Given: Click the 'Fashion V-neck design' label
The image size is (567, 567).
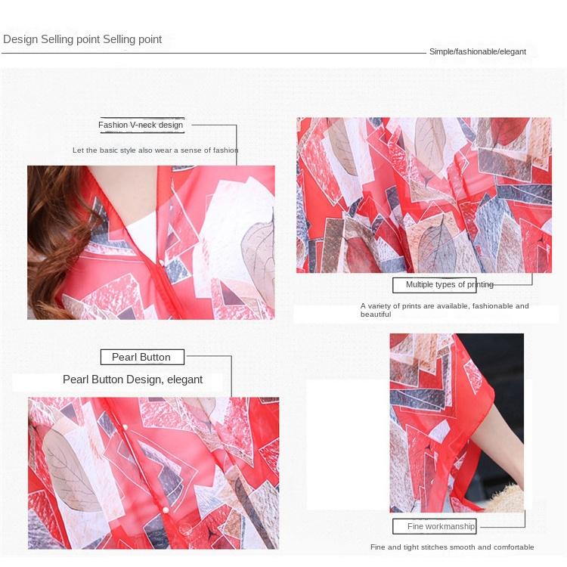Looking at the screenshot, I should click(141, 125).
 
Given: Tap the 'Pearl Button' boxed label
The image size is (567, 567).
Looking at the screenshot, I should click(141, 357).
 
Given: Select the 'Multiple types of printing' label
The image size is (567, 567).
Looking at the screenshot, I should click(449, 285).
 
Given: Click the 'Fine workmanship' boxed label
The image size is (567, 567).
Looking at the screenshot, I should click(441, 526).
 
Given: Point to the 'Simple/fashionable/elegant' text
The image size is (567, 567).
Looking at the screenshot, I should click(477, 51).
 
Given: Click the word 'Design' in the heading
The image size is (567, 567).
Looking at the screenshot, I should click(20, 39).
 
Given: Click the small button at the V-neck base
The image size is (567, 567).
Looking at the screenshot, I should click(161, 262).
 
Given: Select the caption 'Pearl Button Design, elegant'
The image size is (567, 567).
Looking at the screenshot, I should click(132, 380).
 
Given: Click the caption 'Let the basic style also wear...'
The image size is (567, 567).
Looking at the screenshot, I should click(155, 150).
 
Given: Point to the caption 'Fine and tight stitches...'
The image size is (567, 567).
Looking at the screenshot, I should click(452, 547).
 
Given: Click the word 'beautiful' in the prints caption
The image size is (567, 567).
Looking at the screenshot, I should click(376, 314).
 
